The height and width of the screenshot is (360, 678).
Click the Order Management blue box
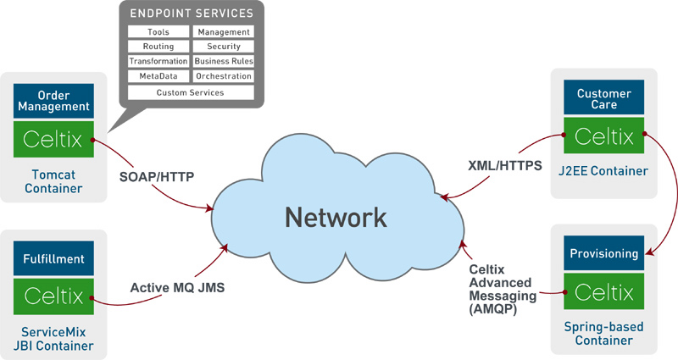point(53,100)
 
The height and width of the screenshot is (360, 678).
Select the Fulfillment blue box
point(53,258)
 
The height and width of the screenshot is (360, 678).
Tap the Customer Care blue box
point(603,99)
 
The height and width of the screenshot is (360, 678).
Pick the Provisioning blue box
point(603,253)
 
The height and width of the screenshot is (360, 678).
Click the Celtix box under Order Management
point(53,139)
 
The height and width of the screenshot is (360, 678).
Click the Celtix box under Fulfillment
point(53,296)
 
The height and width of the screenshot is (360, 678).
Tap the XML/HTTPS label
point(504,166)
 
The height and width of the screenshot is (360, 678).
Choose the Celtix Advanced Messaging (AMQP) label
point(503,290)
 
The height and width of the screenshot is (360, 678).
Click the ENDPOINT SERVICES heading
point(191,14)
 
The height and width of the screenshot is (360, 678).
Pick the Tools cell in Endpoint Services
point(158,32)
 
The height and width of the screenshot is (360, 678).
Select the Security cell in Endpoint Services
point(224,47)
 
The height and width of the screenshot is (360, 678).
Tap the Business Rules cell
point(224,62)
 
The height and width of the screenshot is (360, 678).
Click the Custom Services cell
point(191,92)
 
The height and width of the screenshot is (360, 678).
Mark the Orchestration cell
point(224,77)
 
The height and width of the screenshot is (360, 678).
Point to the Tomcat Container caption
point(53,181)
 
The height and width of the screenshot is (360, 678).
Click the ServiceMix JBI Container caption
point(53,338)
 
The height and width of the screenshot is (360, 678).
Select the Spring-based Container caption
point(603,333)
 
